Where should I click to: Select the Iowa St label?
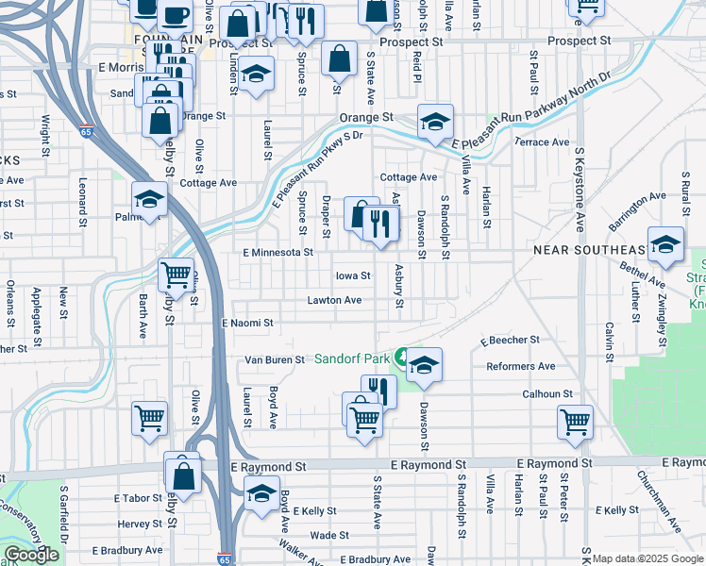pyautogui.click(x=352, y=276)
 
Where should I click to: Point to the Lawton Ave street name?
pyautogui.click(x=334, y=300)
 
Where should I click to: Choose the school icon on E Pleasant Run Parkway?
pyautogui.click(x=435, y=122)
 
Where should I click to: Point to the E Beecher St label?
pyautogui.click(x=509, y=340)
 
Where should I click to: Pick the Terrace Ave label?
pyautogui.click(x=542, y=142)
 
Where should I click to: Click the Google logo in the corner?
pyautogui.click(x=31, y=555)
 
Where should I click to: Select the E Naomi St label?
pyautogui.click(x=246, y=323)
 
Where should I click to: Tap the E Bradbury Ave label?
pyautogui.click(x=126, y=550)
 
